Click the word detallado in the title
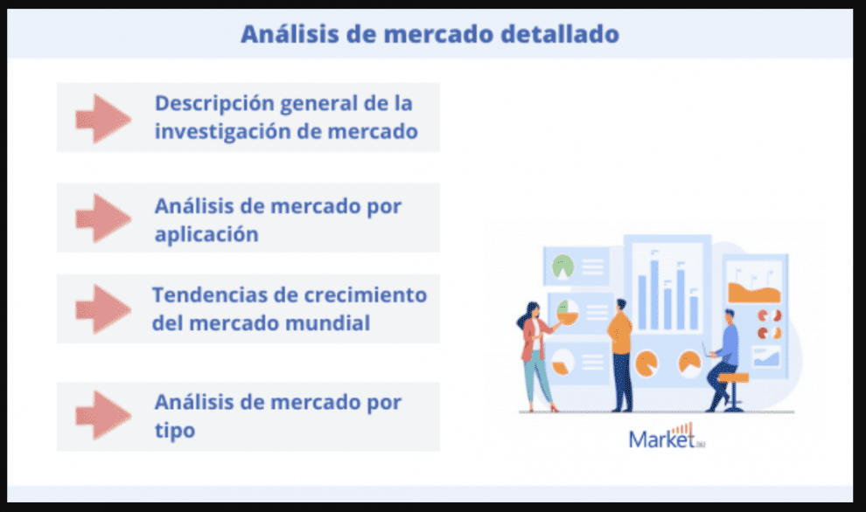click(560, 34)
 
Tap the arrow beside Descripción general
click(103, 118)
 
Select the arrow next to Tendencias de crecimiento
click(103, 309)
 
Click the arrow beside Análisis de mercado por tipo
click(103, 415)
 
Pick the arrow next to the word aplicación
click(103, 218)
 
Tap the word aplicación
click(206, 235)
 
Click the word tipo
click(175, 431)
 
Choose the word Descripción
click(214, 104)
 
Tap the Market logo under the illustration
click(667, 436)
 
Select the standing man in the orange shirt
click(621, 356)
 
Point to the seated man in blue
click(723, 358)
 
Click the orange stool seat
click(733, 378)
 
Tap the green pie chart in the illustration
click(562, 266)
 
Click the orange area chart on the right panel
click(754, 293)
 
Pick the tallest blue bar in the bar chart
click(654, 295)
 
